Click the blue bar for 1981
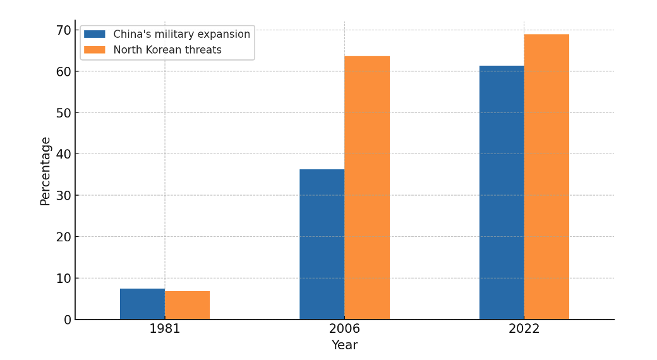coord(142,304)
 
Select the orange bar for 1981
coord(187,305)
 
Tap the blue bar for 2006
coord(322,244)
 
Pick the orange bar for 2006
coord(367,188)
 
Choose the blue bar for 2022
coord(502,193)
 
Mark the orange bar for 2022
coord(546,177)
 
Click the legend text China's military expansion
coord(181,34)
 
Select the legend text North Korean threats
coord(167,50)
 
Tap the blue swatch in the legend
coord(95,34)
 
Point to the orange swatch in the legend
coord(95,50)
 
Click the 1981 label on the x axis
coord(165,329)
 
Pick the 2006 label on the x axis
coord(344,329)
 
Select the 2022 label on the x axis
coord(524,329)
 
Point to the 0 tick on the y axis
coord(68,320)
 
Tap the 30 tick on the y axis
coord(64,195)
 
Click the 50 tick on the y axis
coord(64,112)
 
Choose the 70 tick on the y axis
coord(64,30)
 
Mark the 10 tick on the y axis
coord(64,278)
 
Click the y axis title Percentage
coord(45,171)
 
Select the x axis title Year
coord(344,345)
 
